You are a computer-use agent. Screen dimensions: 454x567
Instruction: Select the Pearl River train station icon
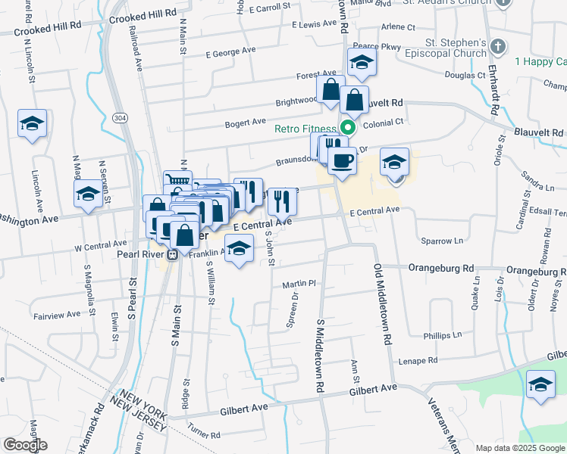point(173,254)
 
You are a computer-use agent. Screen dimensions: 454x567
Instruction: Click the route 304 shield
point(119,119)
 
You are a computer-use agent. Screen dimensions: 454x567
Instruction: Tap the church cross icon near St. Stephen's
point(497,47)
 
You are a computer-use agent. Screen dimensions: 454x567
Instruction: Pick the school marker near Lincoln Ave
point(33,123)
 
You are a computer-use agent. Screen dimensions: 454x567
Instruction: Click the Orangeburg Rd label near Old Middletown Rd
point(440,268)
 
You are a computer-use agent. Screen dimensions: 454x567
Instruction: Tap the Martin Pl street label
point(299,285)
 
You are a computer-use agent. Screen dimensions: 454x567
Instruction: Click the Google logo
point(25,445)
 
